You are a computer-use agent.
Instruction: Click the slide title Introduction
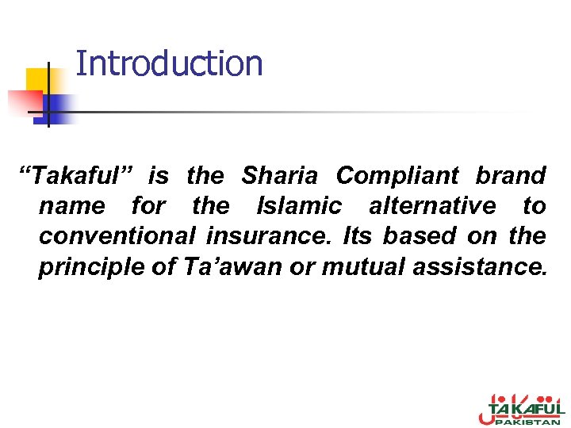169,63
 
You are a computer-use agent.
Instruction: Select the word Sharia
279,175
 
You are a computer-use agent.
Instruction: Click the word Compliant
397,175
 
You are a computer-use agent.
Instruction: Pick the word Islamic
299,206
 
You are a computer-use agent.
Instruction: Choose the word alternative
432,206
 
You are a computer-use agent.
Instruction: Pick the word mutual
362,267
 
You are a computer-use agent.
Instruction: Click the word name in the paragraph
71,206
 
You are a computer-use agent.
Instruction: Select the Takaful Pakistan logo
521,410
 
